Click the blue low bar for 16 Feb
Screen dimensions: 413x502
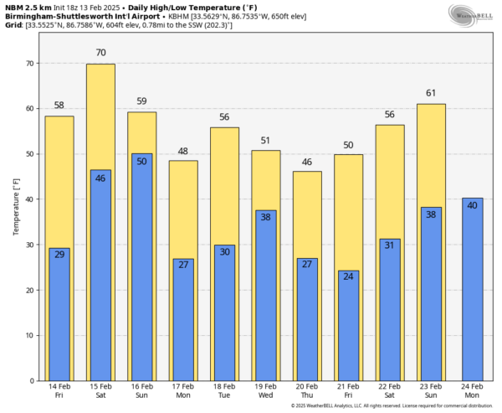point(141,268)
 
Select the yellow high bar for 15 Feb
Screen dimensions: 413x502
point(100,117)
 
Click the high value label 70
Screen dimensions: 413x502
point(100,53)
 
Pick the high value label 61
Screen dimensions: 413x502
point(431,93)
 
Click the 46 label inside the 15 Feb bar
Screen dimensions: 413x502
point(100,178)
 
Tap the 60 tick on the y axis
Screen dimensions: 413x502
point(29,109)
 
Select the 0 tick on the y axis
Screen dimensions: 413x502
point(32,380)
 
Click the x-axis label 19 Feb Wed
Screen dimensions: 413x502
point(265,392)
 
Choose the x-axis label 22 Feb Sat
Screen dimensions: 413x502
point(389,392)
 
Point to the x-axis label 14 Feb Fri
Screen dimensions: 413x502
point(59,392)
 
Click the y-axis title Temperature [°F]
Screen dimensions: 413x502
point(16,205)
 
